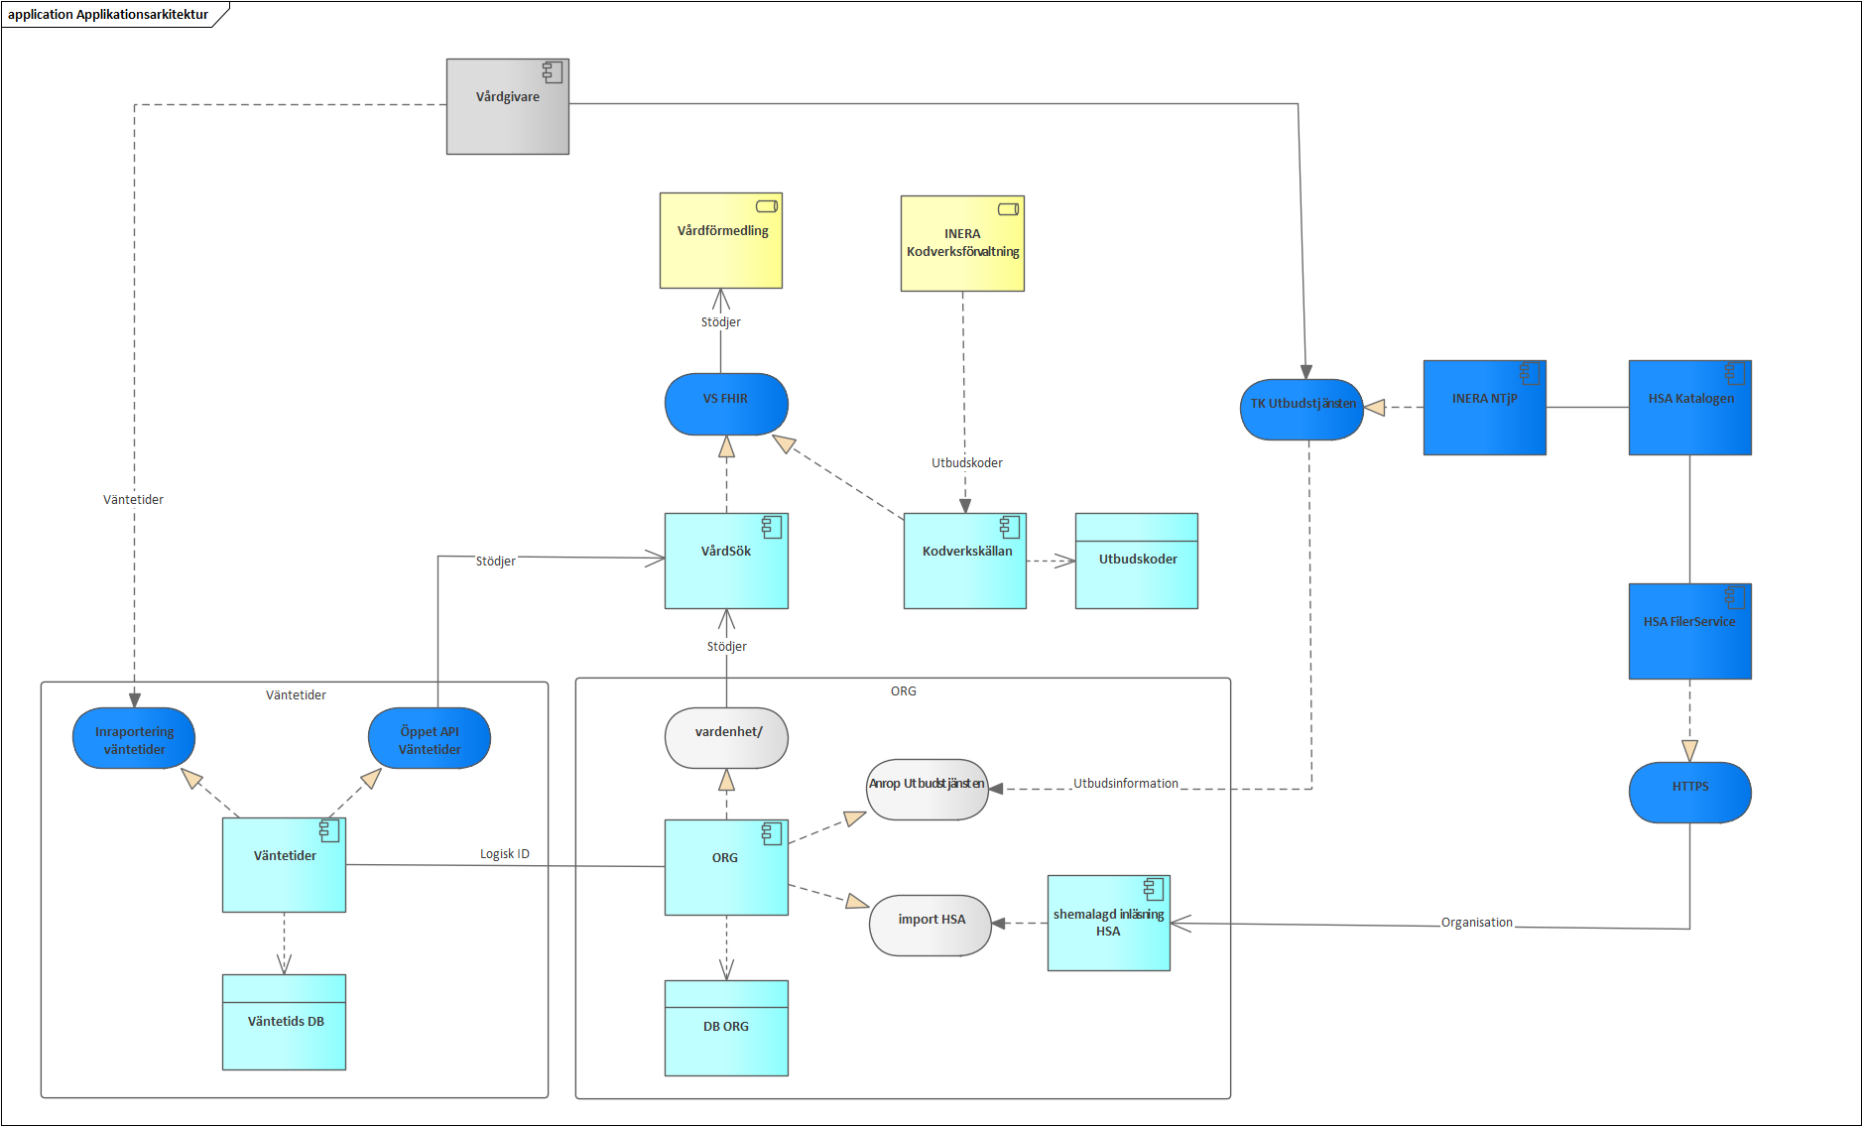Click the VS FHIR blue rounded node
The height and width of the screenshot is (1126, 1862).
[726, 404]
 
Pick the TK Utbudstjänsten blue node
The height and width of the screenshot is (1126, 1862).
[1302, 409]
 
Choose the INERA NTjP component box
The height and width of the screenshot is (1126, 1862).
[1484, 408]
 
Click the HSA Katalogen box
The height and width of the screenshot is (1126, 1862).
[1689, 408]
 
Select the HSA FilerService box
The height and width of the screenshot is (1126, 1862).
[1689, 631]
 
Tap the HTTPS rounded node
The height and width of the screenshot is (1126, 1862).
[1689, 792]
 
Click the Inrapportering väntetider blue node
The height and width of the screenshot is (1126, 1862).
[134, 738]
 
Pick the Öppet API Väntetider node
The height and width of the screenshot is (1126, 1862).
[429, 738]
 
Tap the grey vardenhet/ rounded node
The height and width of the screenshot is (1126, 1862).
[726, 737]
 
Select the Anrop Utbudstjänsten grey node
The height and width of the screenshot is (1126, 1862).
[927, 790]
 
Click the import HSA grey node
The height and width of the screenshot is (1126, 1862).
[931, 925]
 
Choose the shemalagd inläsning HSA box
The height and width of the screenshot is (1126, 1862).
[1108, 923]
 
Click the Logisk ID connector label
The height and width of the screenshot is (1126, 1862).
[504, 854]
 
